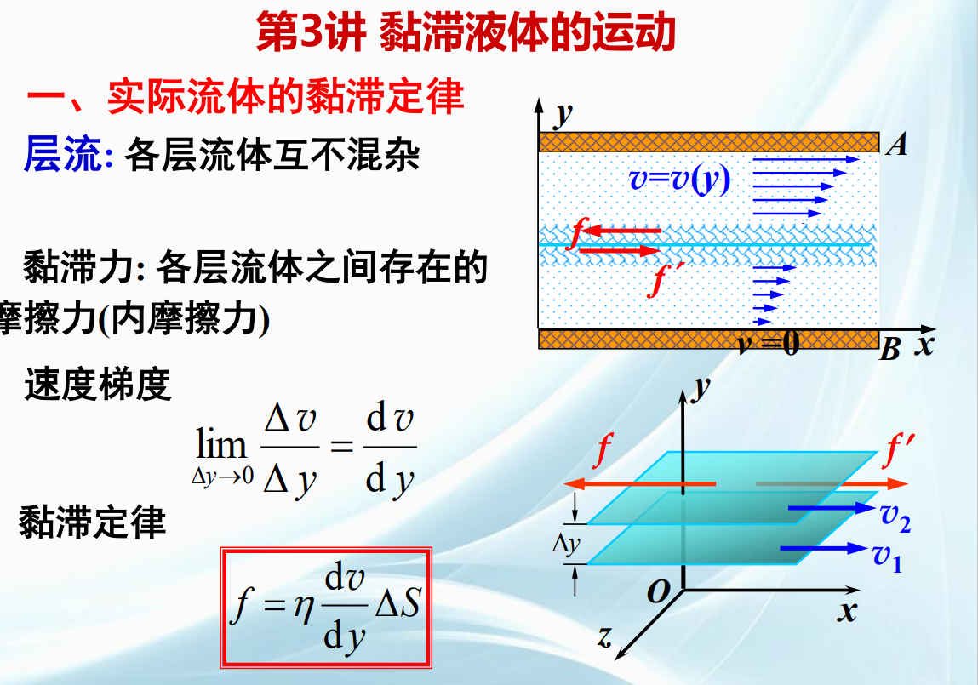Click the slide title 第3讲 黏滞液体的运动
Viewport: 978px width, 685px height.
466,32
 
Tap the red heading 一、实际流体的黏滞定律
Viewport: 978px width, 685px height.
245,97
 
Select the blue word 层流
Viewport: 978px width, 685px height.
62,153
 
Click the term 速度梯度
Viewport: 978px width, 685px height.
97,384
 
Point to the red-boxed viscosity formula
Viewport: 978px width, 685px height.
326,607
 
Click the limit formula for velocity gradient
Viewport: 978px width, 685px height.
305,448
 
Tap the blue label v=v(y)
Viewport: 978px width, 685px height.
680,180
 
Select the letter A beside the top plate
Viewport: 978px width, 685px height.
897,145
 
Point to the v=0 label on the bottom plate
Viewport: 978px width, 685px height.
768,343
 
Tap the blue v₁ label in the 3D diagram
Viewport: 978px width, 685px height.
887,557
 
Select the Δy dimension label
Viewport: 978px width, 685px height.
566,544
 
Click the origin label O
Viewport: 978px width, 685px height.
658,591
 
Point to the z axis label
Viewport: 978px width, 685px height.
604,636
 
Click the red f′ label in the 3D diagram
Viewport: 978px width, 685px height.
900,450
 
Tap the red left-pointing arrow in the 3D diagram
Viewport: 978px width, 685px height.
639,483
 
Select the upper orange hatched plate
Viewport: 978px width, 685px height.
709,142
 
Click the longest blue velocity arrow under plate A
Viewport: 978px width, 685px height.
806,160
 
